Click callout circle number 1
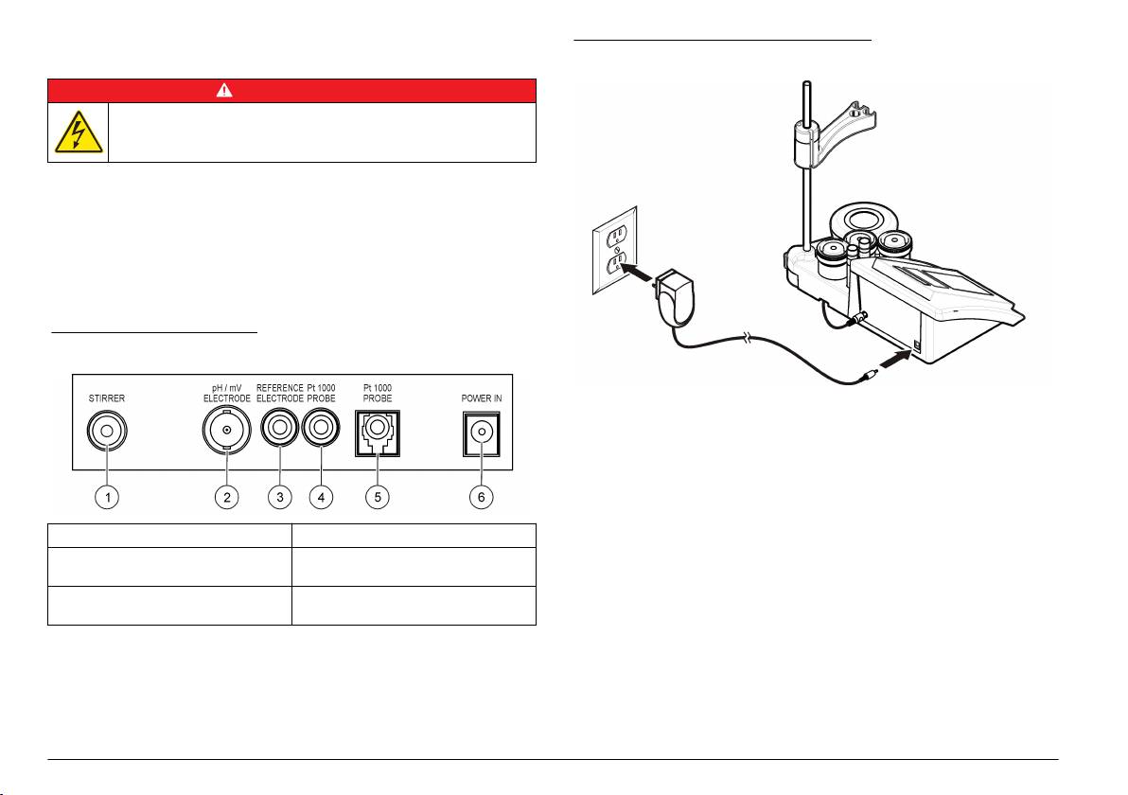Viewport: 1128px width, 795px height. pyautogui.click(x=112, y=499)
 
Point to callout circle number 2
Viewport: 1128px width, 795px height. pyautogui.click(x=225, y=499)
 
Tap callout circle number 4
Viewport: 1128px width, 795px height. pyautogui.click(x=324, y=499)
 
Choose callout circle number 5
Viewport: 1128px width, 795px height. pyautogui.click(x=378, y=499)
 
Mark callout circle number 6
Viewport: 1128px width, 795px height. pyautogui.click(x=482, y=499)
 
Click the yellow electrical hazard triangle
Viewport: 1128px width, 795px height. pyautogui.click(x=79, y=132)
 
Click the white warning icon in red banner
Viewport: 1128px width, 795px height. pyautogui.click(x=292, y=91)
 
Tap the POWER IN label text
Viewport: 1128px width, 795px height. pyautogui.click(x=482, y=398)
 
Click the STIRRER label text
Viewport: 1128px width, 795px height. pyautogui.click(x=106, y=398)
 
